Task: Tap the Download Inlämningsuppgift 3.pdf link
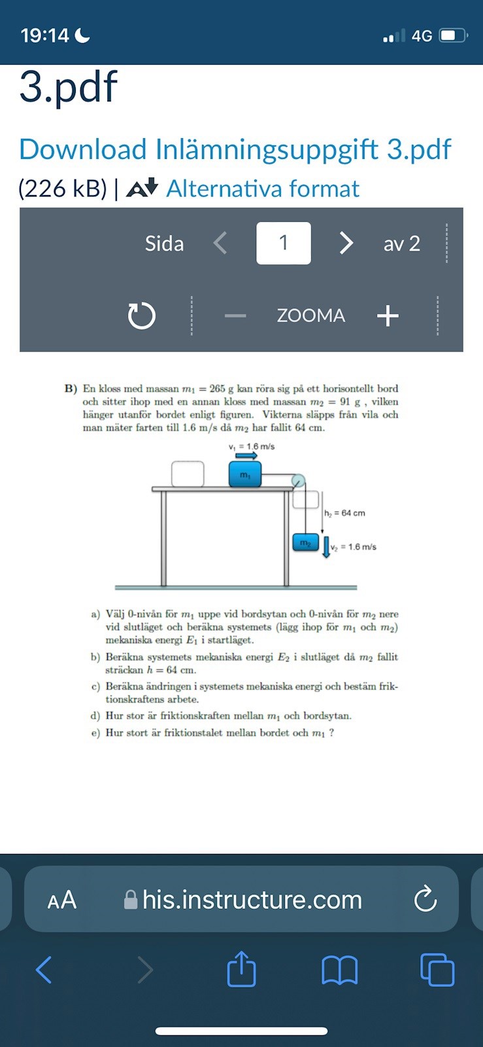(x=235, y=149)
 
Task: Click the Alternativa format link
(x=262, y=189)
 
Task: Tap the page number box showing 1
(x=283, y=243)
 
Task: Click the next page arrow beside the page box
(x=346, y=243)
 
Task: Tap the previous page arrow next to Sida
(x=221, y=243)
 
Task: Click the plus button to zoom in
(x=388, y=315)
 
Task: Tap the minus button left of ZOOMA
(x=235, y=316)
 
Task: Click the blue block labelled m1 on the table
(x=244, y=474)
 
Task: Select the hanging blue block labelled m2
(x=305, y=542)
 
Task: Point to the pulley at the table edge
(x=298, y=481)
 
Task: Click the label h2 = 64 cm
(x=344, y=513)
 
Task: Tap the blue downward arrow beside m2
(x=326, y=546)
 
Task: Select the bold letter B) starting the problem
(x=71, y=389)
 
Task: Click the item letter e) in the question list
(x=95, y=733)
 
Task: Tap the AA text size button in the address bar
(x=62, y=900)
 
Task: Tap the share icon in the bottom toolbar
(x=241, y=968)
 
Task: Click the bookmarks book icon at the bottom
(x=340, y=970)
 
